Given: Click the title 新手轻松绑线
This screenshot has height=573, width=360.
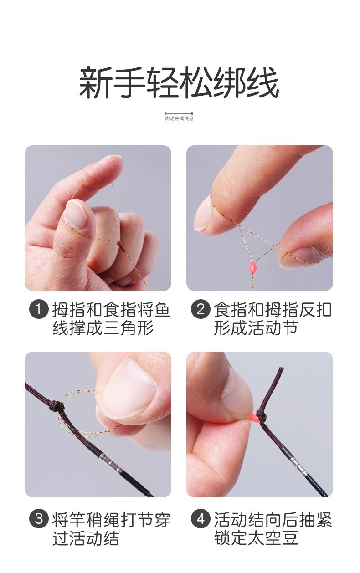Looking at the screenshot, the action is (x=179, y=82).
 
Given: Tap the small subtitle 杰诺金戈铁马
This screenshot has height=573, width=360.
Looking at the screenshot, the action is (x=179, y=118).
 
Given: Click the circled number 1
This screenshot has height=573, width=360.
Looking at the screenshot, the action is (x=39, y=310).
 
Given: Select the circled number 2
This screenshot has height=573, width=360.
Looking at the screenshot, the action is (x=201, y=309).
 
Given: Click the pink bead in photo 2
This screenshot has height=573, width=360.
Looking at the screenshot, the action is (x=253, y=268).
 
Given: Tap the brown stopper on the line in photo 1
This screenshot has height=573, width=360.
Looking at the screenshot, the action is (x=121, y=246).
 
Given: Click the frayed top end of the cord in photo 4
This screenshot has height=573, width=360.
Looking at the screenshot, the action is (x=281, y=369).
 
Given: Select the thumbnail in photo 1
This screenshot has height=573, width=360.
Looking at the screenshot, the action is (x=76, y=214).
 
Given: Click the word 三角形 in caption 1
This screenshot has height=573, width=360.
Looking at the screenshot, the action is (x=129, y=328).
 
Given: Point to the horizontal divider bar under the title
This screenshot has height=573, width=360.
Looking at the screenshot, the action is (x=179, y=113).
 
